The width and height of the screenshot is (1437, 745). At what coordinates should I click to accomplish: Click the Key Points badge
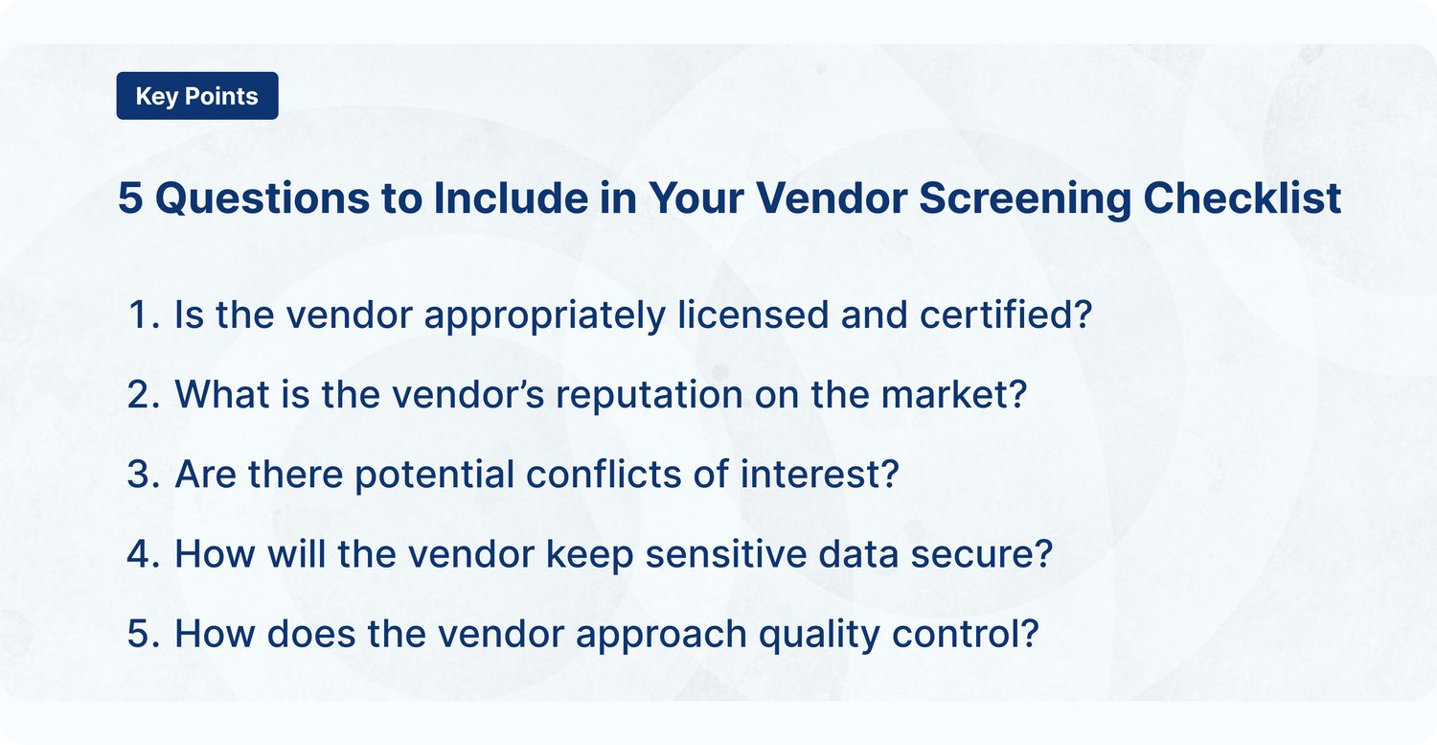coord(196,96)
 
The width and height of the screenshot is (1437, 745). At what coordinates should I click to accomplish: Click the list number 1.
coord(140,315)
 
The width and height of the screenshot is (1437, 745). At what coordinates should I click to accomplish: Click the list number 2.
coord(140,395)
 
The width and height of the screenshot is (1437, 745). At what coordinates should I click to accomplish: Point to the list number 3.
coord(140,475)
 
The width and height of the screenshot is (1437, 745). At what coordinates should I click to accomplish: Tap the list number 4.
coord(140,554)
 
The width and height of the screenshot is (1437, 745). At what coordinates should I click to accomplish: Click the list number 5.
coord(140,634)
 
